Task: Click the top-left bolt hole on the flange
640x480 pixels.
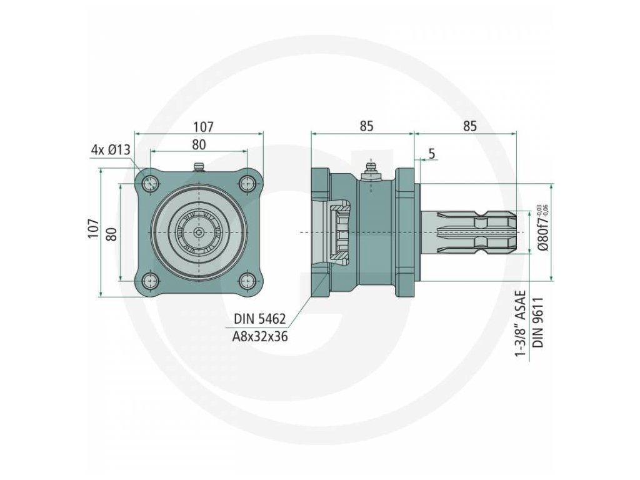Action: (150, 183)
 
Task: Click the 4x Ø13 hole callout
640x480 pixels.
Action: (110, 150)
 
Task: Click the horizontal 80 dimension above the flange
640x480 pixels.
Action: (199, 144)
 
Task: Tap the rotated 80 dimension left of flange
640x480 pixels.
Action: (112, 234)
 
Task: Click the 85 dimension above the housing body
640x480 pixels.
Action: (366, 126)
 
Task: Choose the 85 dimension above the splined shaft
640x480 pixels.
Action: (469, 126)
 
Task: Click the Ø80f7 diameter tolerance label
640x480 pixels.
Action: (542, 229)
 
